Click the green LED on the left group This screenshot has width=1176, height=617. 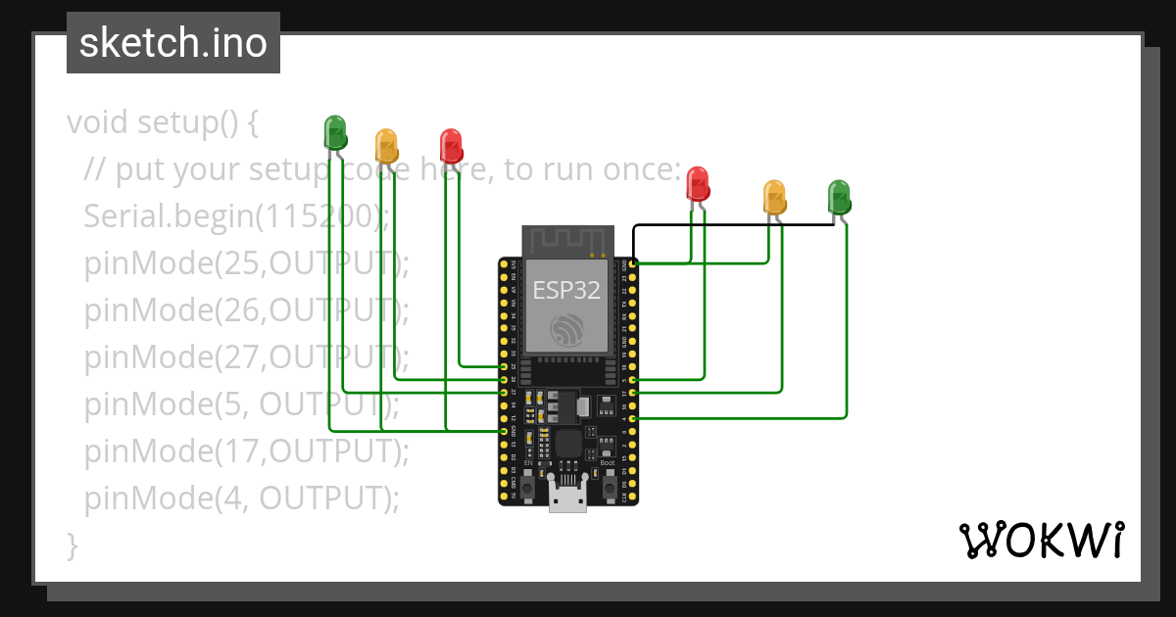coord(335,132)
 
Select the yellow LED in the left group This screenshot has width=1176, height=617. coord(386,146)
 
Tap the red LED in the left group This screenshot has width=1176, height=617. coord(451,145)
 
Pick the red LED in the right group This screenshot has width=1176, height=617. coord(697,183)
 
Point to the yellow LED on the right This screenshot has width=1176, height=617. coord(774,197)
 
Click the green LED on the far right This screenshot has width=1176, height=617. coord(838,196)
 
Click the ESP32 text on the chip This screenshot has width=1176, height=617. coord(566,290)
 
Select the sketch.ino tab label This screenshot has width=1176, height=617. coord(173,43)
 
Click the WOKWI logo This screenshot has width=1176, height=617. coord(1040,540)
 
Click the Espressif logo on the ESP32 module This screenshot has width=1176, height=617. coord(567,331)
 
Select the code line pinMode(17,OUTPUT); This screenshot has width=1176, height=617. coord(245,451)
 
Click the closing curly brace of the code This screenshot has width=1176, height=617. coord(72,545)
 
